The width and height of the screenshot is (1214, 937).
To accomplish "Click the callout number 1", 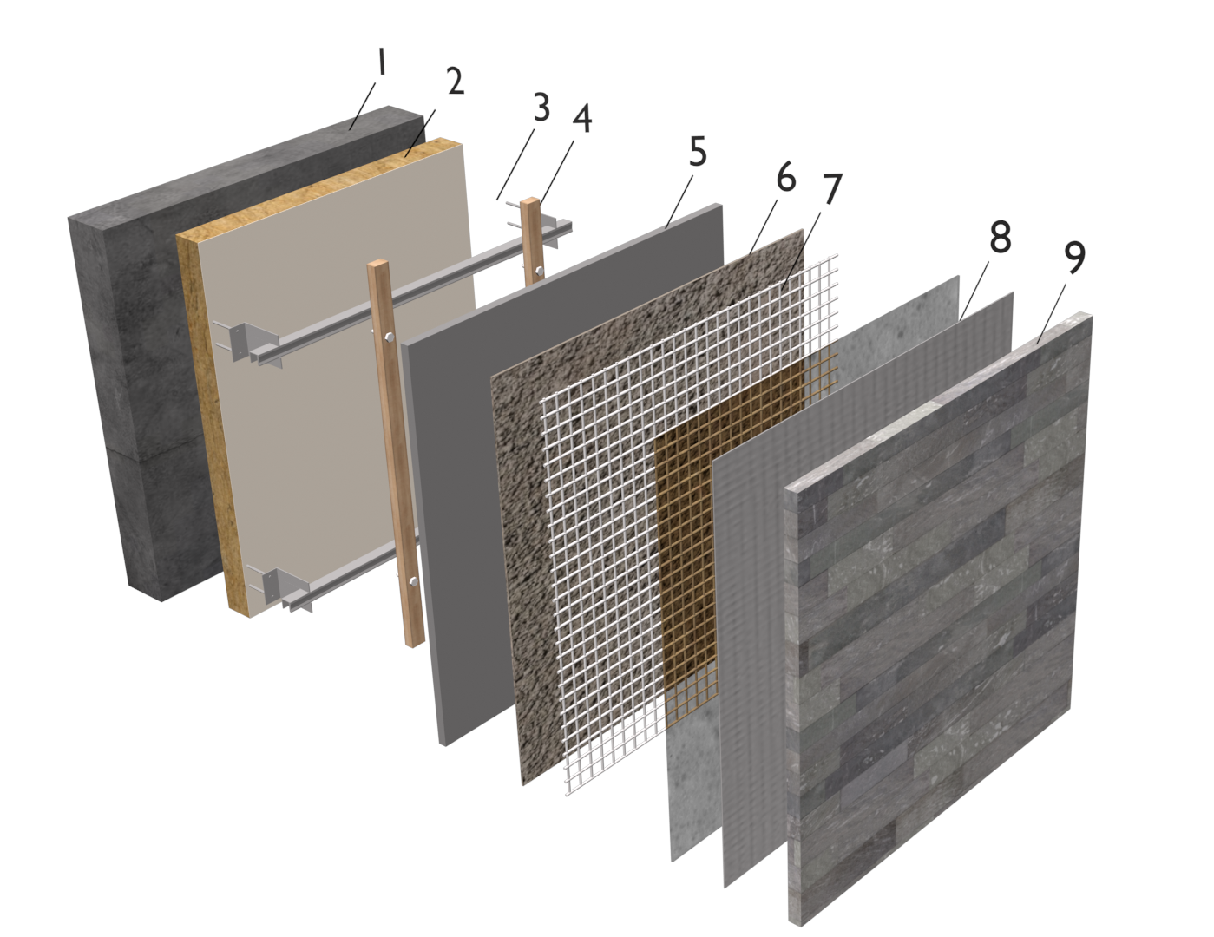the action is pyautogui.click(x=382, y=62).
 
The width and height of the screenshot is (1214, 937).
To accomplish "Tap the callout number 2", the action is pyautogui.click(x=456, y=82).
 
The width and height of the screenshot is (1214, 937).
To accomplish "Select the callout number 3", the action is pyautogui.click(x=541, y=108).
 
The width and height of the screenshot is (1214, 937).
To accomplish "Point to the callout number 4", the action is pyautogui.click(x=581, y=119).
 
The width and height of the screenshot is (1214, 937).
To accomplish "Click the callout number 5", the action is pyautogui.click(x=698, y=151).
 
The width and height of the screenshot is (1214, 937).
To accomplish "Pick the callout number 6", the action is pyautogui.click(x=786, y=178).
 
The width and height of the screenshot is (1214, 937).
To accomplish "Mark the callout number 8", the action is pyautogui.click(x=1000, y=237).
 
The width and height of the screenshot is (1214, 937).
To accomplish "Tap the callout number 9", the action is pyautogui.click(x=1073, y=258).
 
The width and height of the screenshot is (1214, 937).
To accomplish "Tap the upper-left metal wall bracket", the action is pyautogui.click(x=248, y=341).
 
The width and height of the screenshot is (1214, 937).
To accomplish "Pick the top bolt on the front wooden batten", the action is pyautogui.click(x=388, y=337).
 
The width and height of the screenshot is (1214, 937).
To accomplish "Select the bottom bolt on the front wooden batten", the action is pyautogui.click(x=412, y=582).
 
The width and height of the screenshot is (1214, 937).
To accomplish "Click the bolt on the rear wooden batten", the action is pyautogui.click(x=539, y=272).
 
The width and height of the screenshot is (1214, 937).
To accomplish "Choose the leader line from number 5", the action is pyautogui.click(x=679, y=201).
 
